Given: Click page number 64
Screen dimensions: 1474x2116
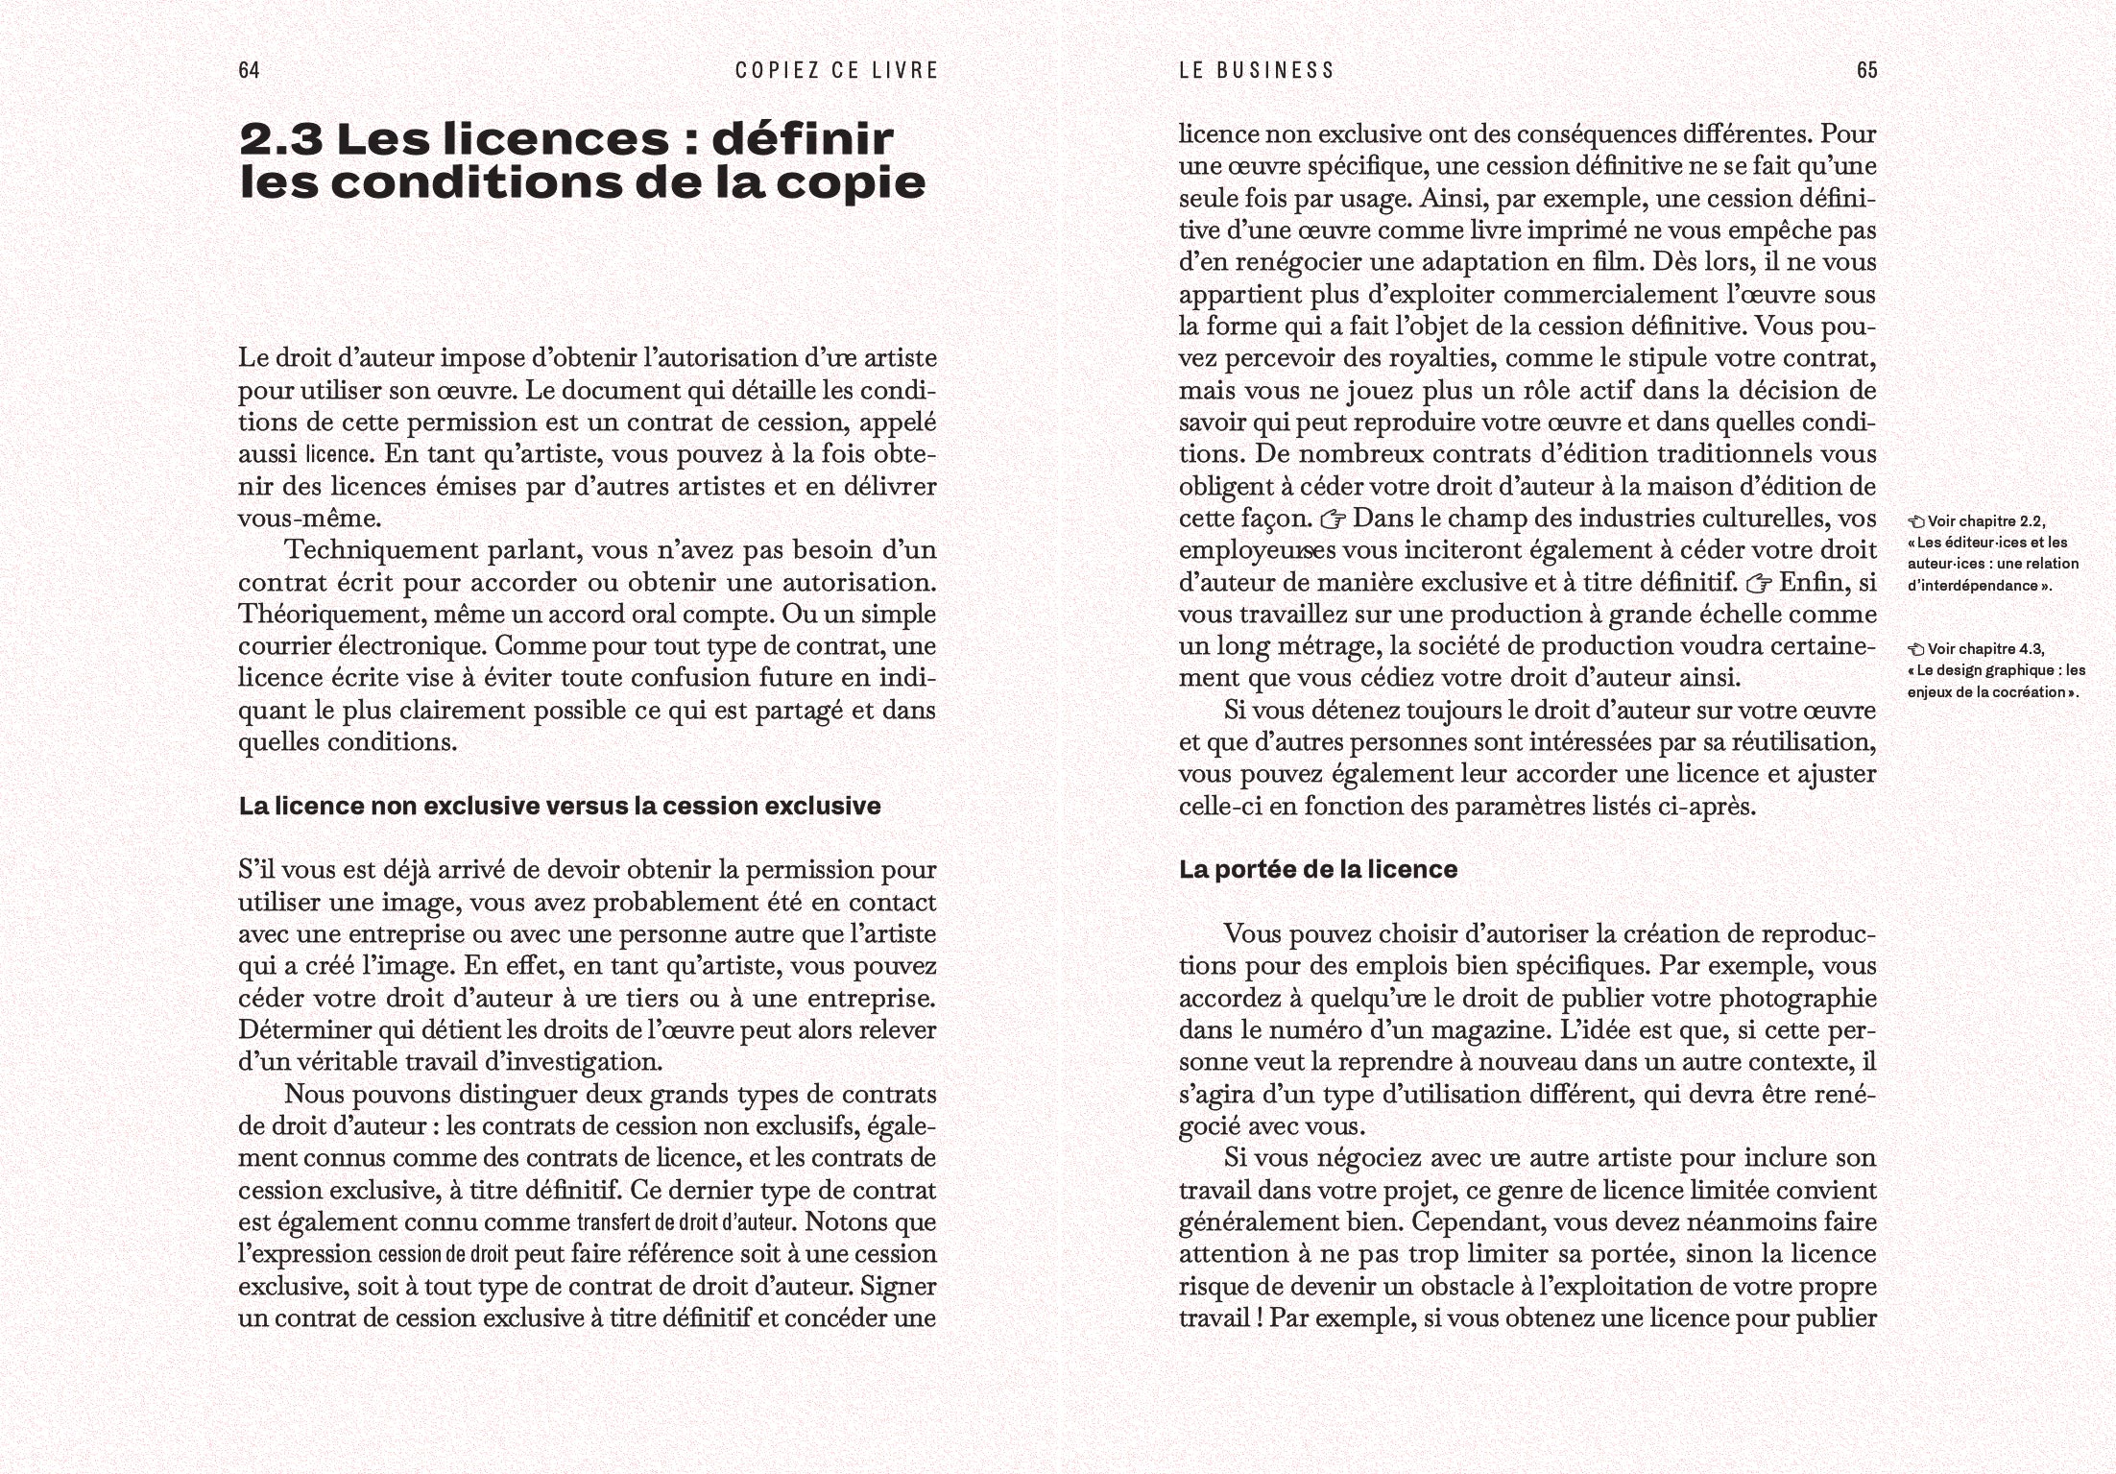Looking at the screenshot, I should pyautogui.click(x=249, y=70).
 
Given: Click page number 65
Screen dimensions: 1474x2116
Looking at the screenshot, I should pyautogui.click(x=1866, y=70).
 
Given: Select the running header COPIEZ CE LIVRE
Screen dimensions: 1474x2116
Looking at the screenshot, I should pyautogui.click(x=836, y=70).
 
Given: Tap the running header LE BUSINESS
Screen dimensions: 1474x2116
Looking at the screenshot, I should pyautogui.click(x=1257, y=70).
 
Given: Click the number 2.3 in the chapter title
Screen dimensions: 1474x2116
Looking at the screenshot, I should pyautogui.click(x=280, y=140).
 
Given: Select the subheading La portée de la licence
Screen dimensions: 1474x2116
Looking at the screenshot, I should pyautogui.click(x=1317, y=870).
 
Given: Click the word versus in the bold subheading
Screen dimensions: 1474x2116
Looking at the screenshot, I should pyautogui.click(x=588, y=807).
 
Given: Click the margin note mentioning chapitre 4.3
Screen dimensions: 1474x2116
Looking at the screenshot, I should pyautogui.click(x=1995, y=670).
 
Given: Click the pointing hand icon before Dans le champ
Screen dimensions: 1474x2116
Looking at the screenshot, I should pyautogui.click(x=1333, y=520).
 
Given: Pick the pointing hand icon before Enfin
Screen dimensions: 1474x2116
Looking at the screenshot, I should pyautogui.click(x=1759, y=584).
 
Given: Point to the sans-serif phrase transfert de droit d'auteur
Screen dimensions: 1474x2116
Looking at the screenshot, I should pyautogui.click(x=685, y=1222).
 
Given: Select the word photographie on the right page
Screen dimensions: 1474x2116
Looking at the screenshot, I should pyautogui.click(x=1797, y=999).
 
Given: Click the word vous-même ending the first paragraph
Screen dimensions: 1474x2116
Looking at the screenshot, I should pyautogui.click(x=309, y=519).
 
